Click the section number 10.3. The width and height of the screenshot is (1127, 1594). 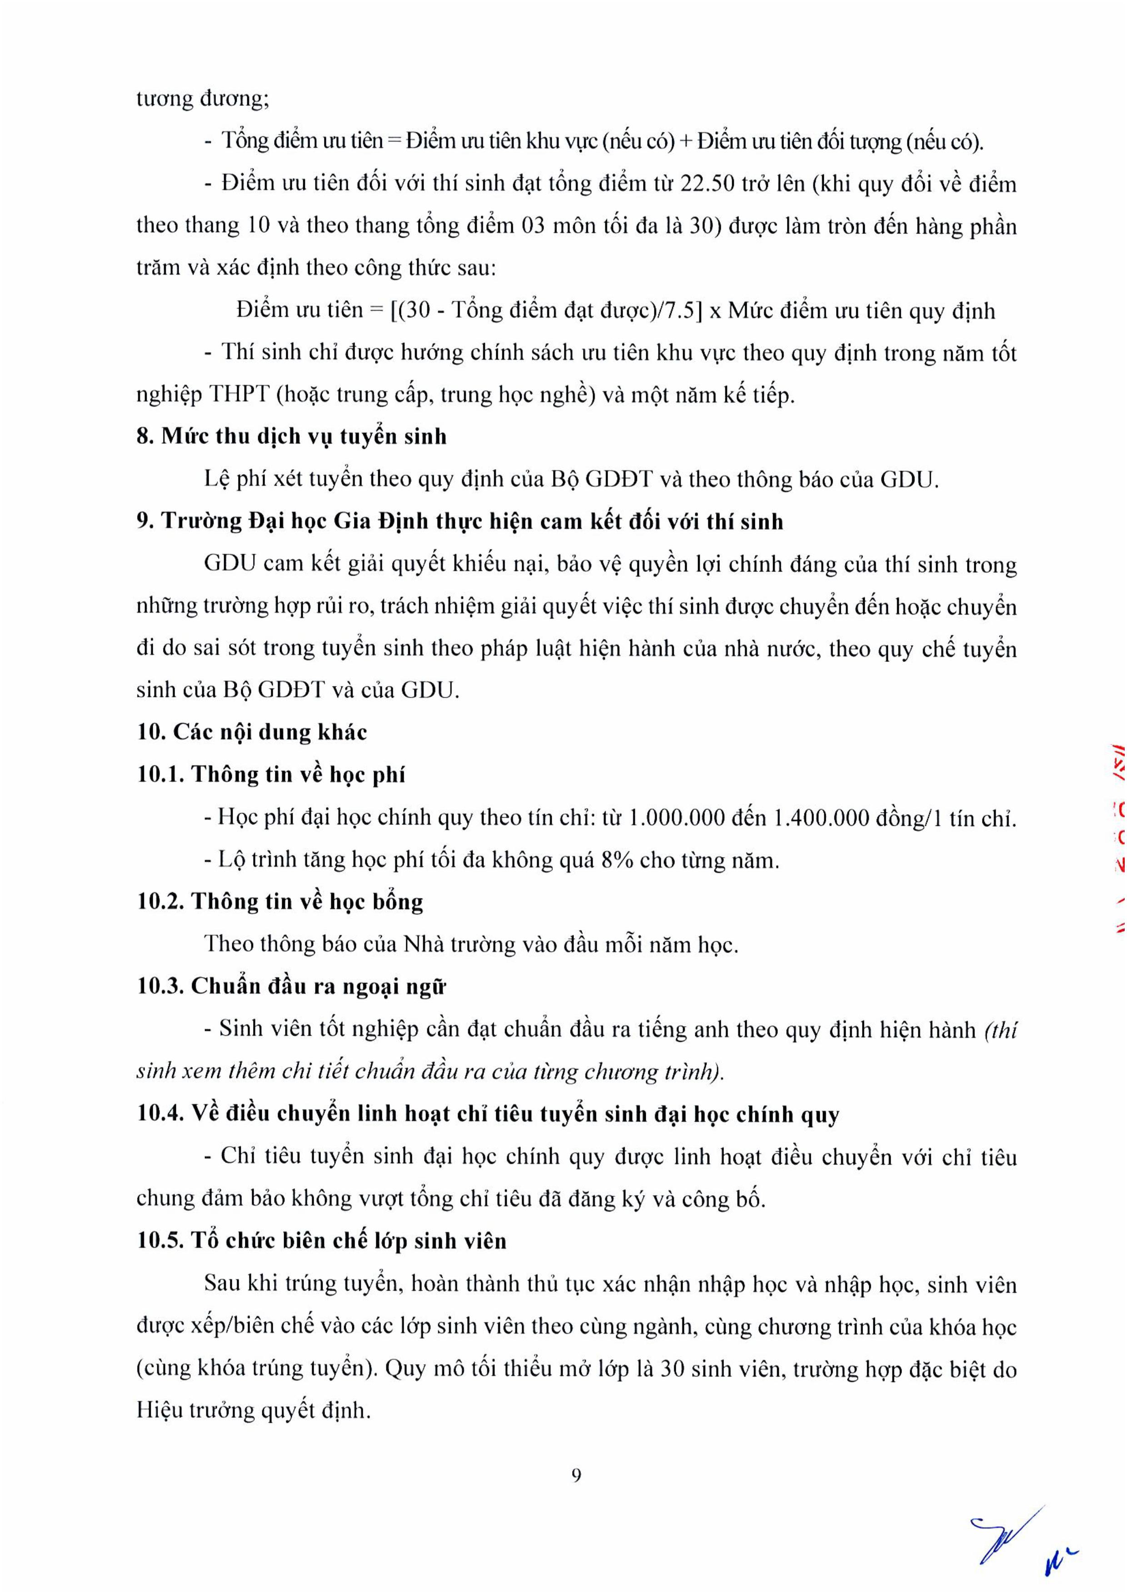(x=159, y=987)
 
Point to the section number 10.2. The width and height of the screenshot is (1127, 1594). (x=159, y=902)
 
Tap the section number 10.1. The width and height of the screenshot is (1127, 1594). (x=159, y=775)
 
